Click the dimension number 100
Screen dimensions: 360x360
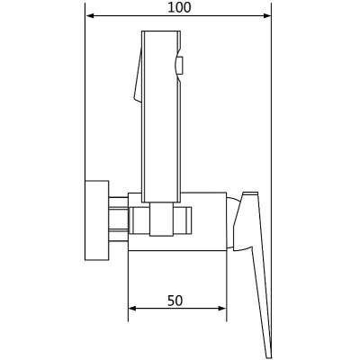tap(179, 7)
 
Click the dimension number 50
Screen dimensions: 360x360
tap(175, 301)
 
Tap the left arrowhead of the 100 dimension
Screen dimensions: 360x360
tap(90, 15)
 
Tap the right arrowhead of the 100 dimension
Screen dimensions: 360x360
tap(267, 15)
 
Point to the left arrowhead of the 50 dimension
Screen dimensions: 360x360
tap(132, 309)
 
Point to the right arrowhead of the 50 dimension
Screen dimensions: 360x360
tap(222, 309)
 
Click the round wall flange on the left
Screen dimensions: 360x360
tap(96, 220)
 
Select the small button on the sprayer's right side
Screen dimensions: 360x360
tap(179, 66)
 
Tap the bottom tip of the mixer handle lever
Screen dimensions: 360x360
tap(269, 357)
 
